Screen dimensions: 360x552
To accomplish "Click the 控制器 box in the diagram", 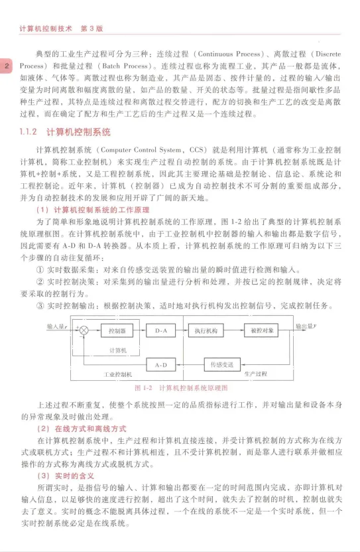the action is tap(117, 330).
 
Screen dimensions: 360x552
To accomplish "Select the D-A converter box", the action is tap(161, 330).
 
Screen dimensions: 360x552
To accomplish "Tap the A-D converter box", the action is tap(161, 365).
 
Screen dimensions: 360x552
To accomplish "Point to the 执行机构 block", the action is tap(208, 330).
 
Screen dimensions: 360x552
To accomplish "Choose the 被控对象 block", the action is tap(263, 330).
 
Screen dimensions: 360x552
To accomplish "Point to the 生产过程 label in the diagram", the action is tap(255, 375).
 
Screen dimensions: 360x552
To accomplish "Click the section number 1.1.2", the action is tap(30, 131).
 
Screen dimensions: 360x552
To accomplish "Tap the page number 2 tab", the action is tap(6, 66).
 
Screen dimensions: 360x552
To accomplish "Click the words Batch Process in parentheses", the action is tap(124, 66).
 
